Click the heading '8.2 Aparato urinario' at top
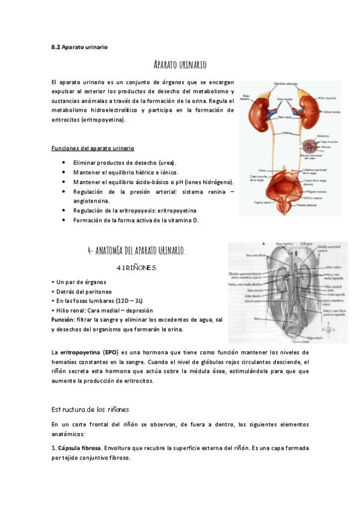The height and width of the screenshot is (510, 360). click(79, 46)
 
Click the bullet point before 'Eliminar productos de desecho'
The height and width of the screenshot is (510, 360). click(64, 163)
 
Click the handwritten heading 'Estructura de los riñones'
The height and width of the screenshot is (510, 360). click(90, 409)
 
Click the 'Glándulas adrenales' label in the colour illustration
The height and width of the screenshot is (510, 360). click(286, 84)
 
